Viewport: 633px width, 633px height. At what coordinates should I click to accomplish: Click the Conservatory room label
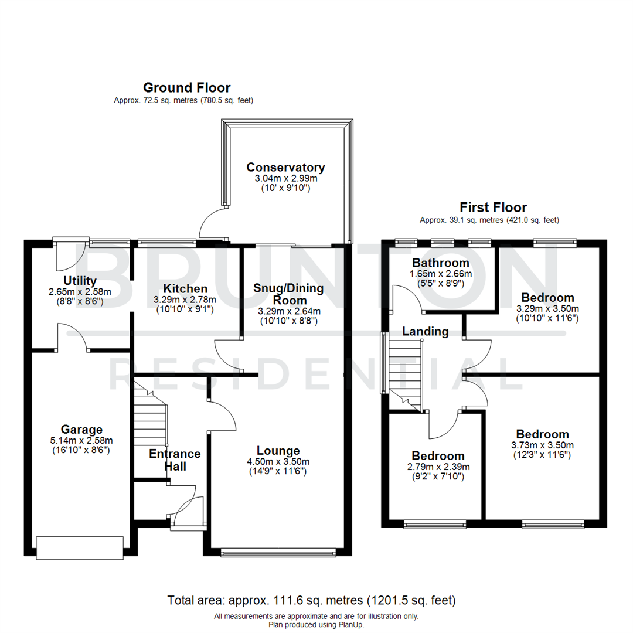click(x=285, y=168)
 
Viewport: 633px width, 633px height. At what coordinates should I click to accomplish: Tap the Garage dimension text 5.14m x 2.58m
click(x=81, y=441)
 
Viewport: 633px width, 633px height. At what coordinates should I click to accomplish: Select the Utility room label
click(x=80, y=281)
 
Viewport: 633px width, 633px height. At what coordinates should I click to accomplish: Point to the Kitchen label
click(x=185, y=288)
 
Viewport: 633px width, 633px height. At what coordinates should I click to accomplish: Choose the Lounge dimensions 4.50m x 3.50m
click(x=278, y=461)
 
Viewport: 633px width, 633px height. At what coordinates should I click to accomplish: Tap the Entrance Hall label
click(x=175, y=460)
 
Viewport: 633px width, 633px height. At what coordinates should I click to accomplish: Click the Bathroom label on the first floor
click(x=440, y=263)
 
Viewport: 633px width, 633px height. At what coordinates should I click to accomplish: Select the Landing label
click(x=425, y=332)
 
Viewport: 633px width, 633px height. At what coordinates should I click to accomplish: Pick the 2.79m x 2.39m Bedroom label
click(x=438, y=456)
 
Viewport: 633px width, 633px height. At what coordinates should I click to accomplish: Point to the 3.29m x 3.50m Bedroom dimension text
click(x=547, y=308)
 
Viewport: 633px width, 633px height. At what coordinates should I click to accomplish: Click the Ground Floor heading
click(x=186, y=88)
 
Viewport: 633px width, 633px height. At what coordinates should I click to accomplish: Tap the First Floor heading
click(x=493, y=207)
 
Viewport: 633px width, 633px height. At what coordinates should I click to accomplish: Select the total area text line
click(x=311, y=600)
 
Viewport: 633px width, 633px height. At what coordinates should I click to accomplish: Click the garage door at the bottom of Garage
click(x=80, y=547)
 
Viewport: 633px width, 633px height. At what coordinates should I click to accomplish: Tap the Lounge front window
click(x=279, y=552)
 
